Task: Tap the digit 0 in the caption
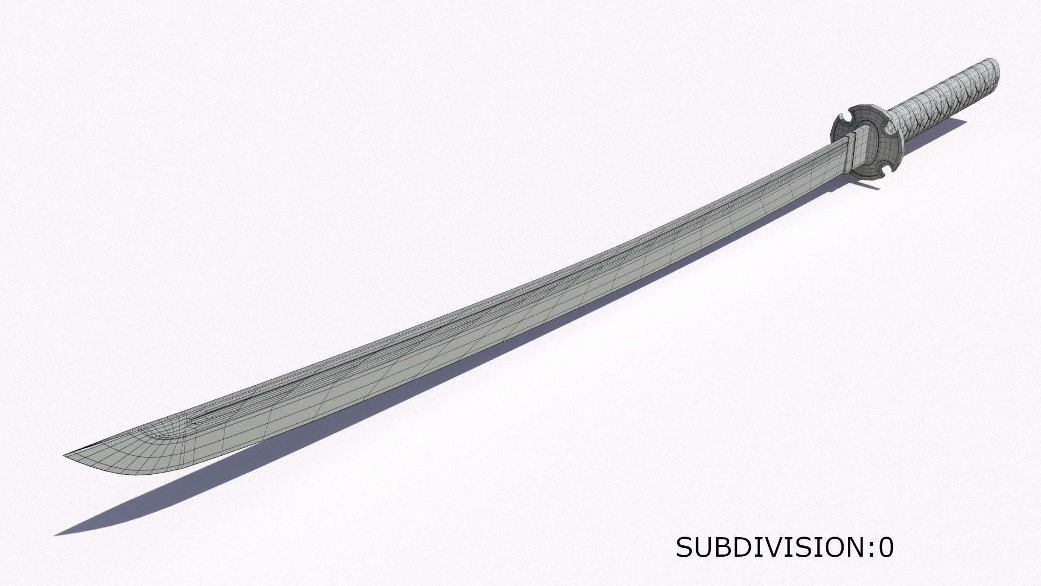point(885,548)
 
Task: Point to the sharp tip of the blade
point(65,455)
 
